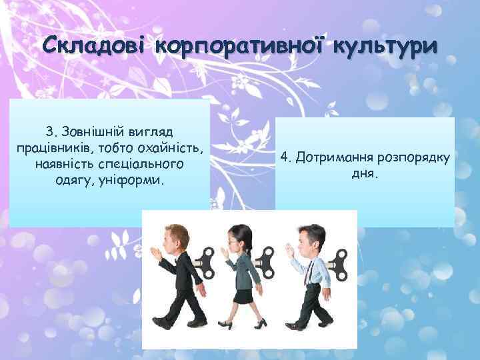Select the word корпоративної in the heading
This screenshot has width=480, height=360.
239,47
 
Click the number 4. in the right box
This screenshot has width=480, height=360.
287,157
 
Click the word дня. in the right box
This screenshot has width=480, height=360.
365,174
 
